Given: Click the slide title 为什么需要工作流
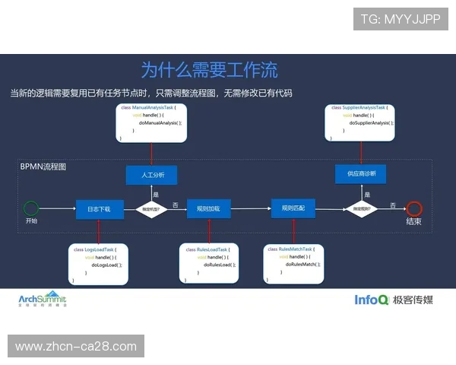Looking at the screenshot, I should coord(209,70).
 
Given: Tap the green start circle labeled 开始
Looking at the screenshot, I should coord(31,208).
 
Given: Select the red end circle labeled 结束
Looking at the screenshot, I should coord(413,208).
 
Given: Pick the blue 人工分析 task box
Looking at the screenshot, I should coord(151,175).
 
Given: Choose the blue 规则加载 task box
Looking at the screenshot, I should coord(208,208).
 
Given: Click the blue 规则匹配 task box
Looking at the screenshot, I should coord(293,208).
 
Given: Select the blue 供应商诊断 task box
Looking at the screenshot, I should coord(361,174).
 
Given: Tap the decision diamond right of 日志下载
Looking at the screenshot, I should coord(151,208).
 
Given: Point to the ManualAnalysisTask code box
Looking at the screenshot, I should coord(152,122).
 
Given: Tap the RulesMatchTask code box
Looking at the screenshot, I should coord(294,263).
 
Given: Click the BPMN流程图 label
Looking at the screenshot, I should coord(43,166).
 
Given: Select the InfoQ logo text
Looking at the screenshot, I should coord(372,300).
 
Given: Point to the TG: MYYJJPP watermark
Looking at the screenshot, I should coord(400,18).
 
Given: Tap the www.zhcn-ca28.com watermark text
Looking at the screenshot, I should coord(76,347).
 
